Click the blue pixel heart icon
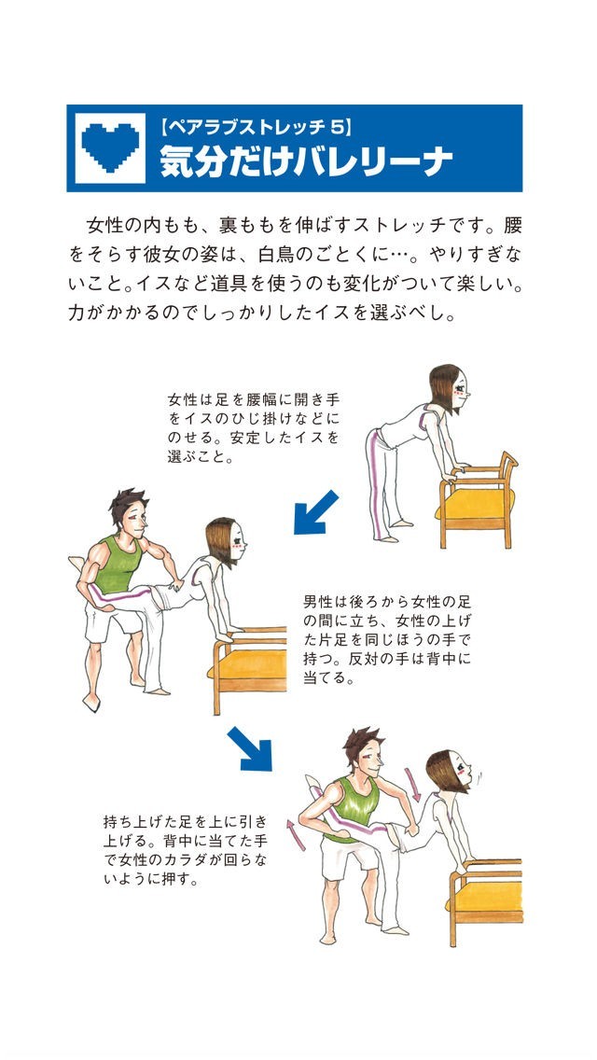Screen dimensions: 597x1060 (109, 146)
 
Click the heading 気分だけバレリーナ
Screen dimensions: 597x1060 (306, 162)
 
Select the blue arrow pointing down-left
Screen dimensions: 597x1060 (315, 511)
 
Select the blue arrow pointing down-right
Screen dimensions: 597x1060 (250, 748)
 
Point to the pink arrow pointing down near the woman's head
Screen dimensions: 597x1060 (411, 784)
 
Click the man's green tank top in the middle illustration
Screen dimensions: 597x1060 (118, 565)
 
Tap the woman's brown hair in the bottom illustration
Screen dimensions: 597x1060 (441, 770)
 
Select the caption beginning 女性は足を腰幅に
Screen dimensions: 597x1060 (253, 427)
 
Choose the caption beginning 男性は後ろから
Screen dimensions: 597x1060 (386, 639)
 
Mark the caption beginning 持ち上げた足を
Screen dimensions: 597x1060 (185, 851)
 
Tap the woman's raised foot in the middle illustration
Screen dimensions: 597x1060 (77, 563)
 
